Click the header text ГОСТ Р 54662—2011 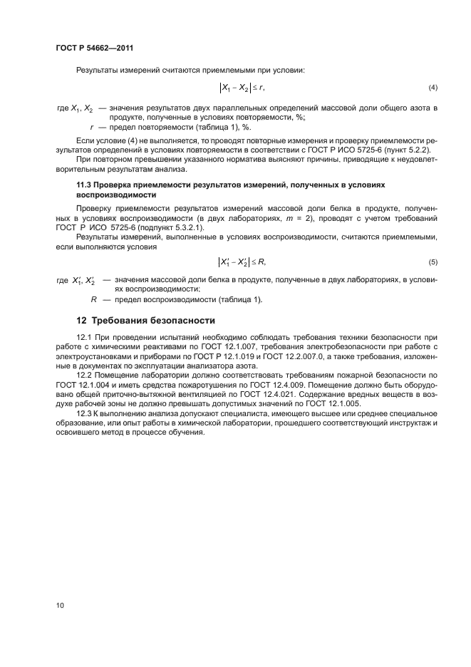coord(95,48)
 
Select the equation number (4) coord(433,88)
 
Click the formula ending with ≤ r coord(242,88)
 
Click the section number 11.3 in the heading coord(84,185)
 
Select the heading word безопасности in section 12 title coord(174,319)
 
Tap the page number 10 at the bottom coord(61,605)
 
